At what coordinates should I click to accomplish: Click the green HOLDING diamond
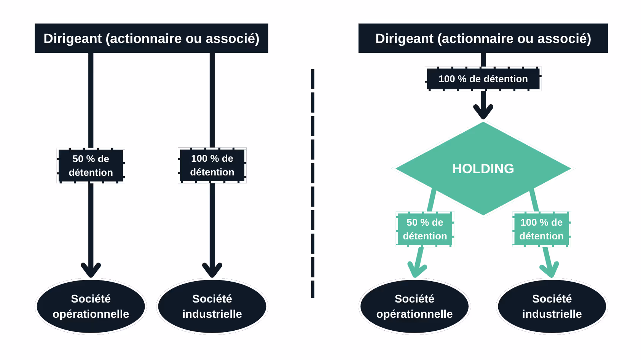pos(483,169)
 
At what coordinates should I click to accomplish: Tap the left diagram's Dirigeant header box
pos(151,38)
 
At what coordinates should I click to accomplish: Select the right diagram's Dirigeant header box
pos(483,38)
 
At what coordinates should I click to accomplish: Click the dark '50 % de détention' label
pos(91,166)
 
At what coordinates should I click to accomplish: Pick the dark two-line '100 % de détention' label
pos(212,165)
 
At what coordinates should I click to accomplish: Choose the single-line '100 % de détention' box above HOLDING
pos(483,79)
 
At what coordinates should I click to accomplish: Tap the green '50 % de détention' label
pos(425,229)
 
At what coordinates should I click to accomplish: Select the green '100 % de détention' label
pos(541,229)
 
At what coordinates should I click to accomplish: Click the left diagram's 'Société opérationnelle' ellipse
pos(91,306)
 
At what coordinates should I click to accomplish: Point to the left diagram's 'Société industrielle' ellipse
pos(212,306)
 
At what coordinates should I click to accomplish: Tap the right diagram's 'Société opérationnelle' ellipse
pos(415,306)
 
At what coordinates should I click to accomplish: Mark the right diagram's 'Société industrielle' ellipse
pos(552,306)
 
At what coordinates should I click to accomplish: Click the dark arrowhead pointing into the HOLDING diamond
pos(483,112)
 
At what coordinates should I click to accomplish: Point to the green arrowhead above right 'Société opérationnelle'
pos(417,270)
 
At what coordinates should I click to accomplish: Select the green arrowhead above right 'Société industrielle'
pos(550,270)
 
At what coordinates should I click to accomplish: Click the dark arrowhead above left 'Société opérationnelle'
pos(91,270)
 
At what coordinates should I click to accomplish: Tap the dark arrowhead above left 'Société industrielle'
pos(212,270)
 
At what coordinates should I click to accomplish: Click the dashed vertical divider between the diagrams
pos(313,183)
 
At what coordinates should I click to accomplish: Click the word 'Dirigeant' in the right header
pos(404,39)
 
